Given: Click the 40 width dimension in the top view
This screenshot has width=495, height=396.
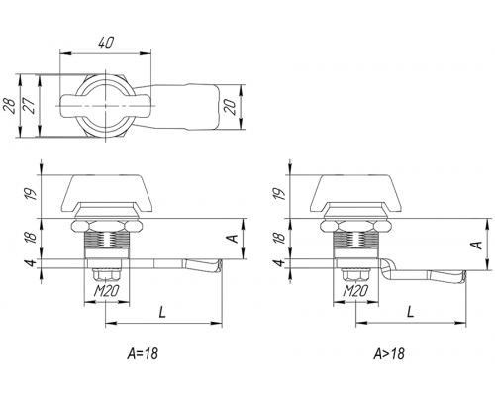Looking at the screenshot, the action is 106,43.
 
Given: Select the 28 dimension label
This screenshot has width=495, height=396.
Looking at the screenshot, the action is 11,106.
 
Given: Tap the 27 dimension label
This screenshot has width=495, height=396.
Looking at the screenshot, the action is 30,106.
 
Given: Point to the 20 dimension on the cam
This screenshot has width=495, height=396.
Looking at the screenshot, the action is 232,107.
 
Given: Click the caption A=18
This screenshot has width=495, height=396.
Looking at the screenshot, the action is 143,354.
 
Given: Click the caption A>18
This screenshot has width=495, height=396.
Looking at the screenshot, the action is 389,354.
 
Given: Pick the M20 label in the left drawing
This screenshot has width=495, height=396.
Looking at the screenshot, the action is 106,291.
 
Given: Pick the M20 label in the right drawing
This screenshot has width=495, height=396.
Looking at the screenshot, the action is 355,291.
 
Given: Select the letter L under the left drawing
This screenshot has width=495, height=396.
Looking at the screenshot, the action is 162,312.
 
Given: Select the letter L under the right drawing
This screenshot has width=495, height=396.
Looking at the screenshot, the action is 410,312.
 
